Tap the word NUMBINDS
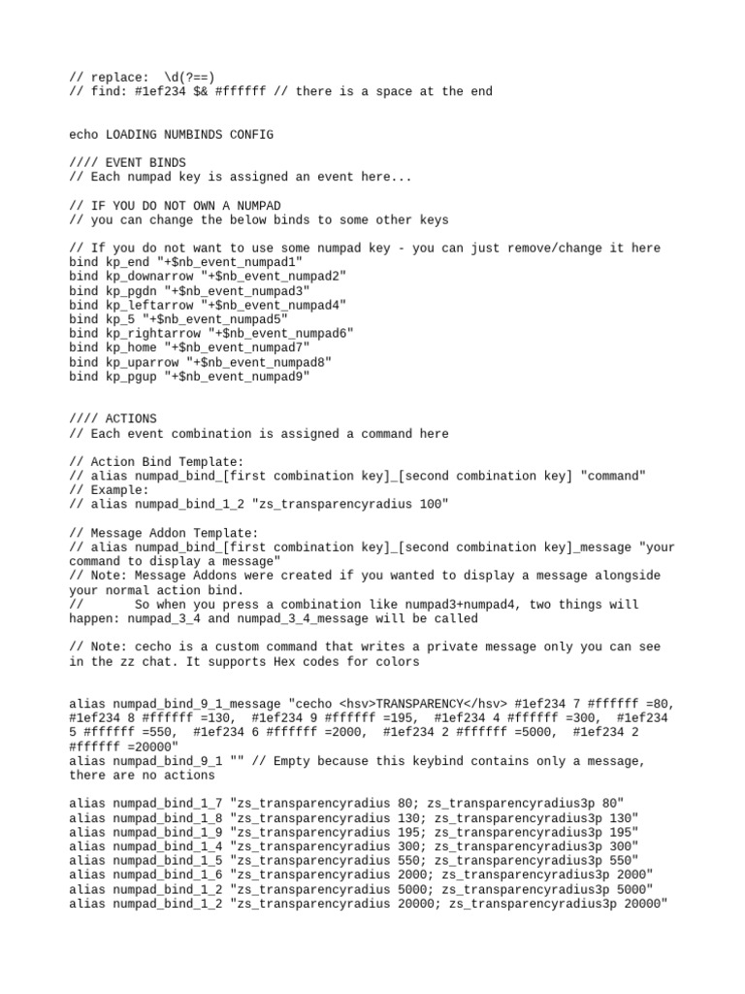198,135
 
